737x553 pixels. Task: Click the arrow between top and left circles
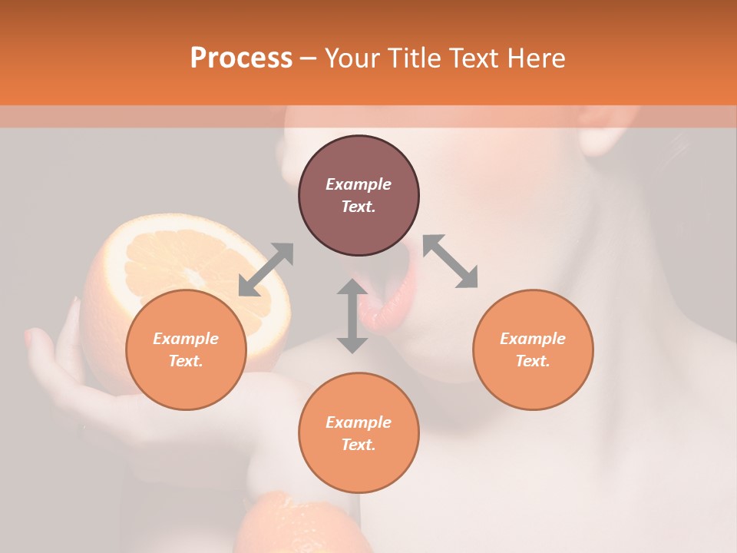[266, 269]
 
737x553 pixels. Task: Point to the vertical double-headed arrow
[352, 316]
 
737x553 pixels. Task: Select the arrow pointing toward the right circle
[451, 261]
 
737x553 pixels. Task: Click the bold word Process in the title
[241, 58]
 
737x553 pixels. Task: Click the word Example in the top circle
[359, 184]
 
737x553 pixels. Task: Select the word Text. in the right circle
[533, 361]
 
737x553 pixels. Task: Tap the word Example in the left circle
[186, 339]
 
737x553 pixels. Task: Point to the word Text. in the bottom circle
[359, 445]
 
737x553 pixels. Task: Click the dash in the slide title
[309, 58]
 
